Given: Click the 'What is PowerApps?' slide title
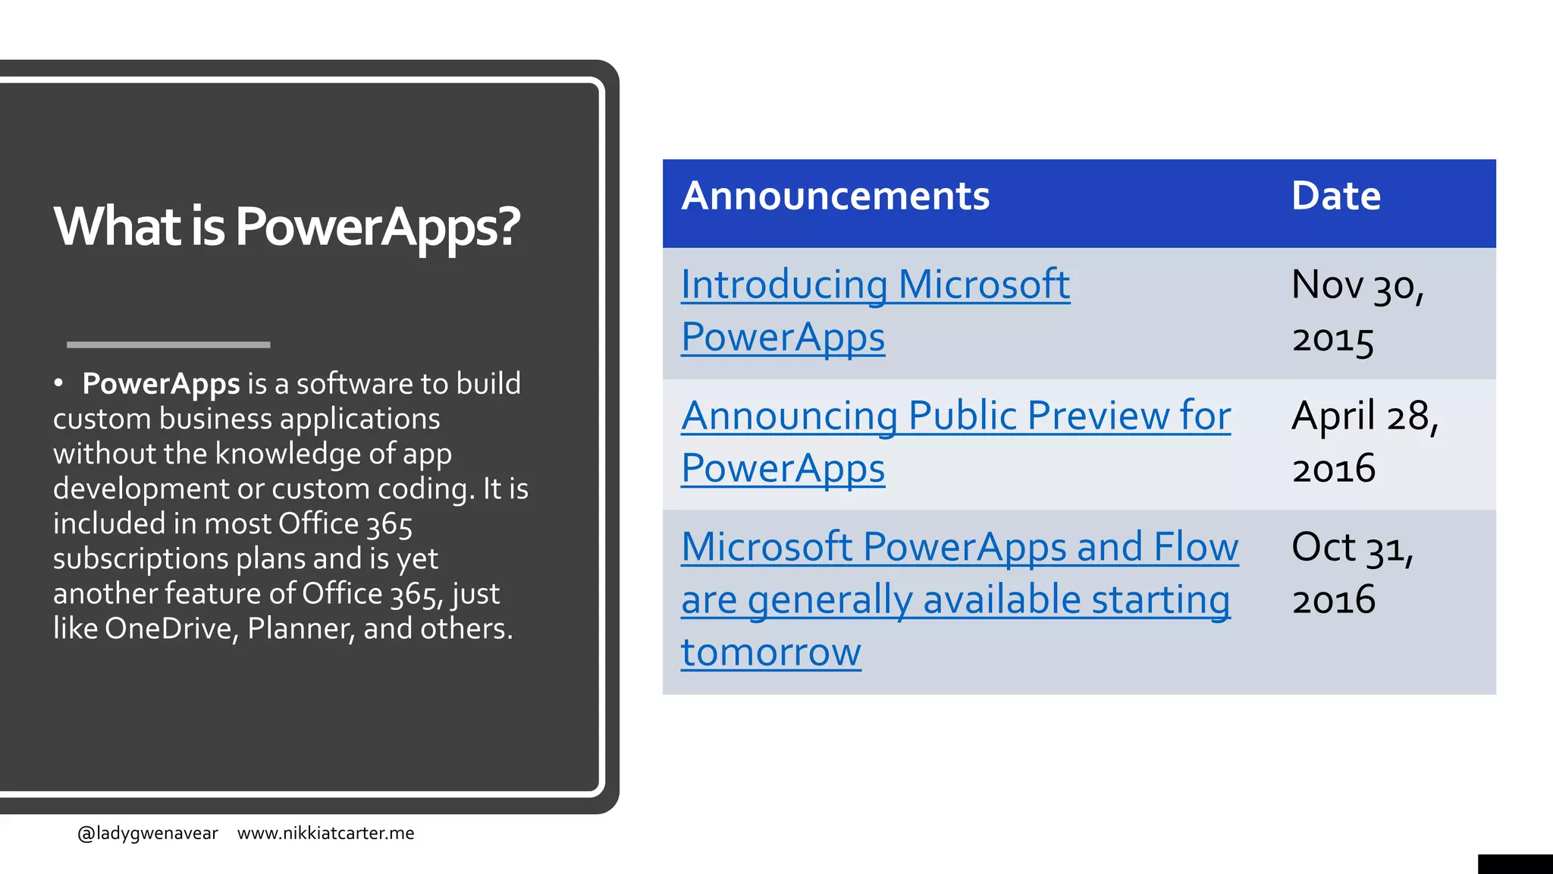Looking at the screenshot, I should [x=287, y=226].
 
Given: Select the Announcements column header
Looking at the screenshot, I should [x=835, y=196].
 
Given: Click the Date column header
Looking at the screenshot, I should [x=1335, y=196].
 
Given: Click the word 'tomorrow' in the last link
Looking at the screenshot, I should [x=770, y=652].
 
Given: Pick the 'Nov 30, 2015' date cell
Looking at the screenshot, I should [x=1357, y=311].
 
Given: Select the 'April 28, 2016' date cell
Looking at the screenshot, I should [x=1364, y=442].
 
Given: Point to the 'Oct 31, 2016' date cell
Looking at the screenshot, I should [x=1352, y=573].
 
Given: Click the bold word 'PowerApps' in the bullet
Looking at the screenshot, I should [x=161, y=384].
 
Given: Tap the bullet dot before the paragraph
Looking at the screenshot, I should [x=58, y=383].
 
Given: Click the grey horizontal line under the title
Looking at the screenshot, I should [x=168, y=344].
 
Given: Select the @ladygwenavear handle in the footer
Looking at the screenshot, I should [x=147, y=833].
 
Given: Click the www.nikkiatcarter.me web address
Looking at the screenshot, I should [x=325, y=833].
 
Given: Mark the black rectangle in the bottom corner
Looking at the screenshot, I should [x=1514, y=864].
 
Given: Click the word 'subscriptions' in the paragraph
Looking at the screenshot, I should [x=140, y=559].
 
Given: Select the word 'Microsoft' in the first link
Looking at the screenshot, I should [x=984, y=285].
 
